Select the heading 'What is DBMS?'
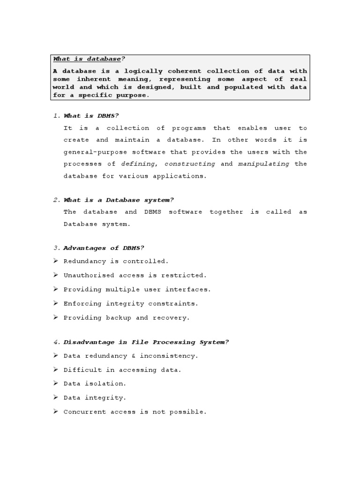[x=95, y=116]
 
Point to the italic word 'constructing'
[x=190, y=164]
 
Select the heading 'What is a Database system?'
[x=119, y=200]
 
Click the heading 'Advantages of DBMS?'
[x=104, y=248]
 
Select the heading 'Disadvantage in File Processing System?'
[x=146, y=342]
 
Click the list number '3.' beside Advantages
[x=57, y=248]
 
